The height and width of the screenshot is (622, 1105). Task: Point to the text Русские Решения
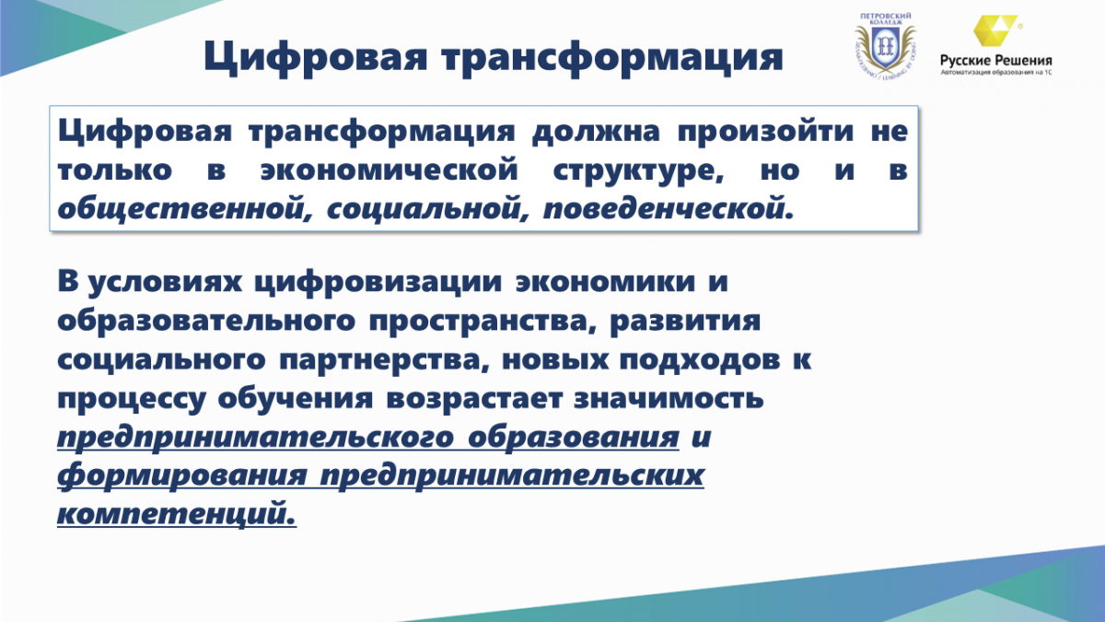pyautogui.click(x=996, y=61)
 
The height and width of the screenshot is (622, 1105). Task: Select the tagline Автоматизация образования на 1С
pyautogui.click(x=996, y=73)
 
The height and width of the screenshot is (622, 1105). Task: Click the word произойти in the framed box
pyautogui.click(x=765, y=132)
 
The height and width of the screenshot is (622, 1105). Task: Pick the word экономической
pyautogui.click(x=390, y=170)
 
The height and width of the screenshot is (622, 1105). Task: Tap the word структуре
pyautogui.click(x=638, y=171)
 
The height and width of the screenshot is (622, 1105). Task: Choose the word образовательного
pyautogui.click(x=206, y=321)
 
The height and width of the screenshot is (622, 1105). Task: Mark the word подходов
pyautogui.click(x=700, y=359)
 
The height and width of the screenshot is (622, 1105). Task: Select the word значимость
pyautogui.click(x=669, y=398)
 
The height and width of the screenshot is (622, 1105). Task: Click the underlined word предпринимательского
pyautogui.click(x=256, y=438)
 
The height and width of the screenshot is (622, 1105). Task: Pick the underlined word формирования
pyautogui.click(x=182, y=475)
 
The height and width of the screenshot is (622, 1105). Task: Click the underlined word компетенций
pyautogui.click(x=177, y=514)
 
